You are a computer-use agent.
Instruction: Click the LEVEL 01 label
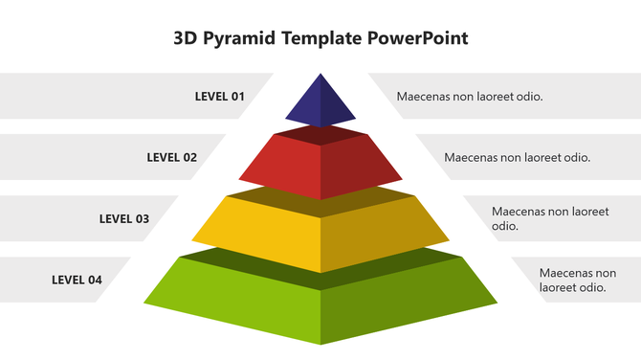219,96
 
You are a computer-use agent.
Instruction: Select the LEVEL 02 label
171,157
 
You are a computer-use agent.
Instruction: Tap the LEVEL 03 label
124,218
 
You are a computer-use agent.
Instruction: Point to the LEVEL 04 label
77,280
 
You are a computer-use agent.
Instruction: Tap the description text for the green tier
578,280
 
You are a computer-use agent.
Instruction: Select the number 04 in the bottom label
94,280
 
